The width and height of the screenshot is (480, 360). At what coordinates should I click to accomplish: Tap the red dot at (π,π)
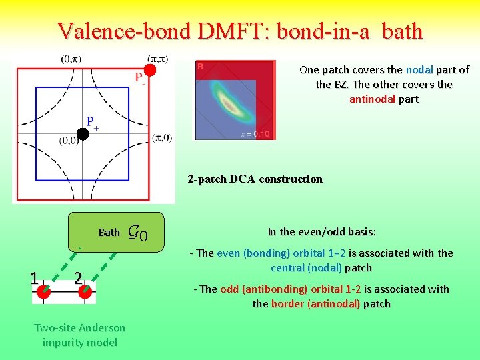pos(151,69)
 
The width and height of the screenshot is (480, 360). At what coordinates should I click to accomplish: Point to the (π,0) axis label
pos(162,138)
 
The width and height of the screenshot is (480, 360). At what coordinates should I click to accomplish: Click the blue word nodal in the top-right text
pos(419,69)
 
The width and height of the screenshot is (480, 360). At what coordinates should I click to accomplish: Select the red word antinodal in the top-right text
pos(374,99)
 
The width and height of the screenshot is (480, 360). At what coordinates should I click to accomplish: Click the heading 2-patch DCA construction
pos(255,179)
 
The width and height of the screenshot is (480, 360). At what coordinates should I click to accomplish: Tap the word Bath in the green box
pos(109,233)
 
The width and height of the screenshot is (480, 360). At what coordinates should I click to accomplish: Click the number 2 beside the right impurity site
pos(78,277)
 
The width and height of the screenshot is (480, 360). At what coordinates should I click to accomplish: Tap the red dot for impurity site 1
pos(44,291)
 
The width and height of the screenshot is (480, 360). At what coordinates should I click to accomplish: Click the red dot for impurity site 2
pos(85,291)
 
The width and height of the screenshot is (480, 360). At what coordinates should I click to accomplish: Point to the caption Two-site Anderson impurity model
pos(79,335)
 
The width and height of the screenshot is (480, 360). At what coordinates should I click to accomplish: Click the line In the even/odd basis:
pos(322,232)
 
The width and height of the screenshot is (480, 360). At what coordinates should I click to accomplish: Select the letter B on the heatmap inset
pos(200,67)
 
